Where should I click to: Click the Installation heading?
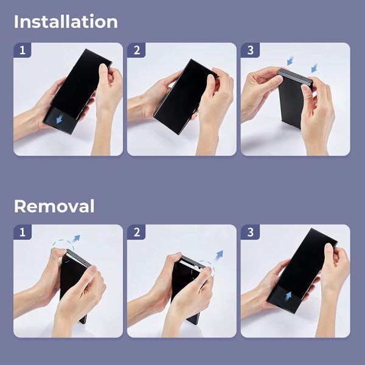[66, 22]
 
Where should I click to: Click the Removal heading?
[54, 206]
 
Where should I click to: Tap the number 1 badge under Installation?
[23, 50]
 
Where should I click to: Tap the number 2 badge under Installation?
[136, 50]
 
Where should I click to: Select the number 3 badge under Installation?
[250, 50]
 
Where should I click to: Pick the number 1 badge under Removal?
[23, 232]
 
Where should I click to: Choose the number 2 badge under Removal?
[136, 232]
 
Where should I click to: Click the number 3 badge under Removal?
[250, 232]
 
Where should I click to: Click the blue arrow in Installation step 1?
[60, 120]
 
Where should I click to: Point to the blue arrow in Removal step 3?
[288, 296]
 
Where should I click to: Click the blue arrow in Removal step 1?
[77, 238]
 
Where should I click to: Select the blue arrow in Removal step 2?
[219, 255]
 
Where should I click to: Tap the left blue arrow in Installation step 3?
[290, 61]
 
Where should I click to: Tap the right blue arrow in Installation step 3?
[315, 68]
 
